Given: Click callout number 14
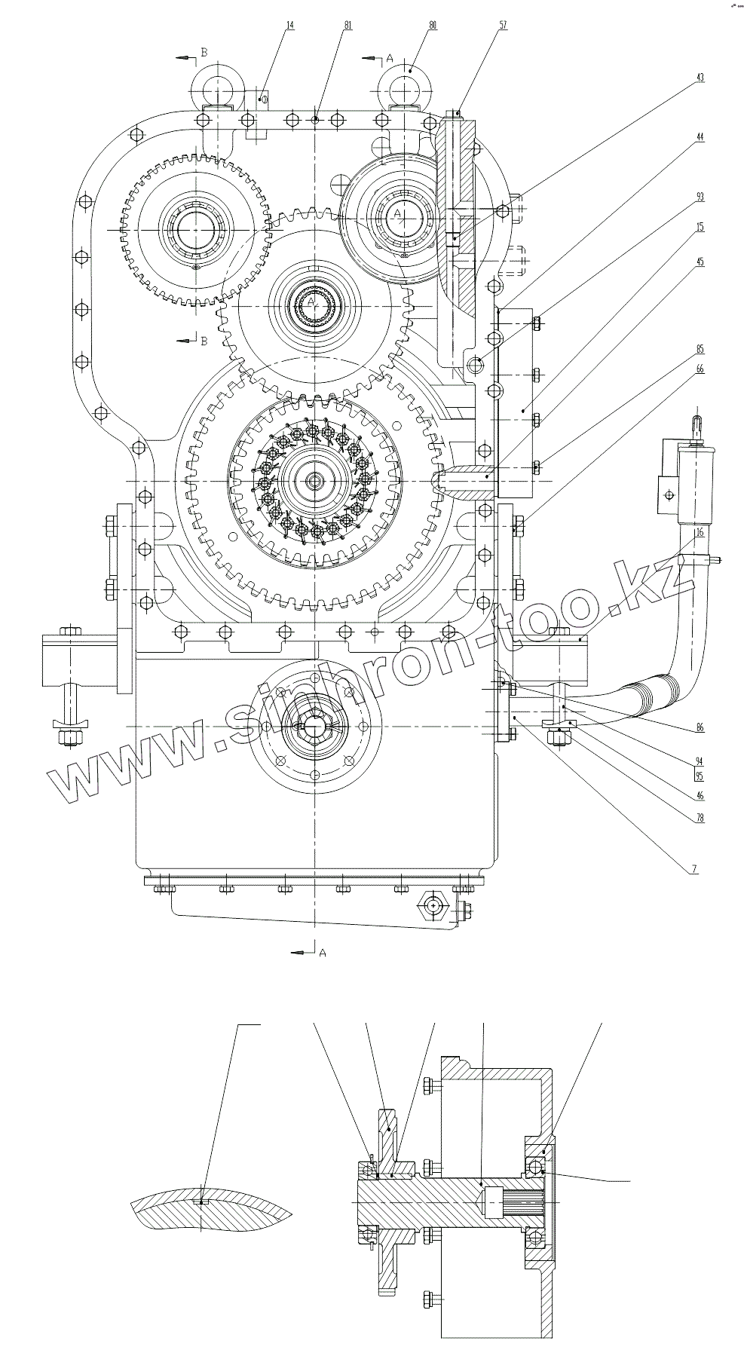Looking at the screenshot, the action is (x=289, y=25).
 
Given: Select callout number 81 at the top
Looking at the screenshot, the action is (x=348, y=25).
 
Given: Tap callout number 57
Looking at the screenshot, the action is (x=503, y=25).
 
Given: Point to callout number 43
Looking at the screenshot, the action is (x=700, y=78).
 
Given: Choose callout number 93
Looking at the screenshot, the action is (x=700, y=197).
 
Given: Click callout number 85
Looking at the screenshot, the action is (x=700, y=349).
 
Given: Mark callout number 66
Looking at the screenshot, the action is (x=700, y=369).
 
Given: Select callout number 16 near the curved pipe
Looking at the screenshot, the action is (x=700, y=532).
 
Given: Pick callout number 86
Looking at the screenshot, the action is (x=700, y=727).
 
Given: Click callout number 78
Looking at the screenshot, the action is (x=700, y=818).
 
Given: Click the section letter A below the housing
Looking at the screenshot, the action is (x=323, y=953).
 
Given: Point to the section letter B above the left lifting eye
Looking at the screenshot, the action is (x=202, y=53).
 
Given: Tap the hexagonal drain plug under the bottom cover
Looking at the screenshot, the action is (x=435, y=904).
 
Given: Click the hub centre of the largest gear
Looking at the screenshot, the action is (x=312, y=480).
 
